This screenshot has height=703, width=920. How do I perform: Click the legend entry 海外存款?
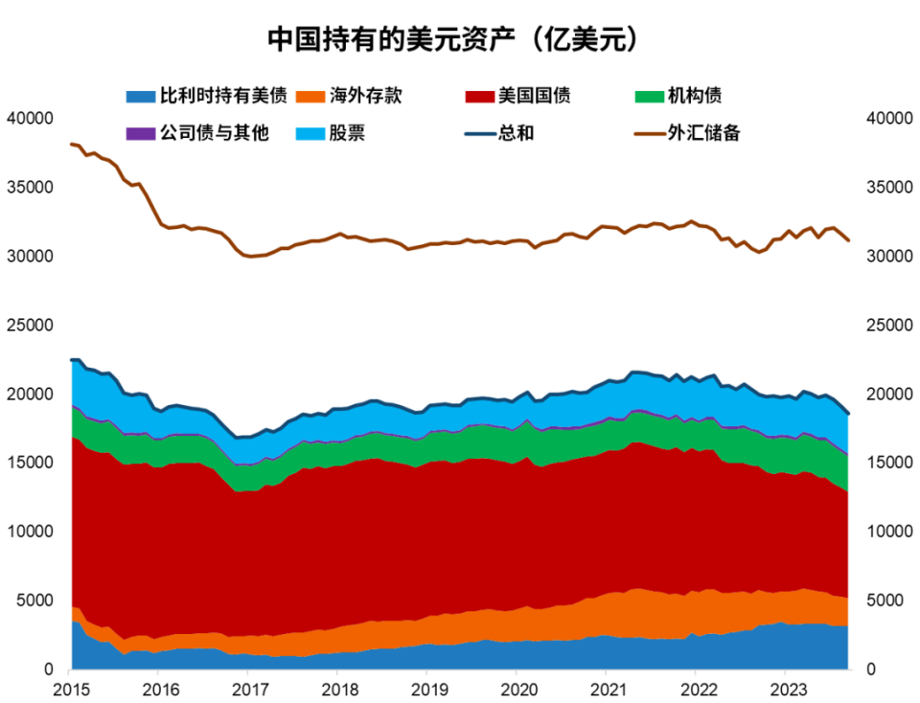[365, 96]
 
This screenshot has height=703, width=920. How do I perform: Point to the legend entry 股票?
[347, 133]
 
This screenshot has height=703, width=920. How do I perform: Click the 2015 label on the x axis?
[69, 689]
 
